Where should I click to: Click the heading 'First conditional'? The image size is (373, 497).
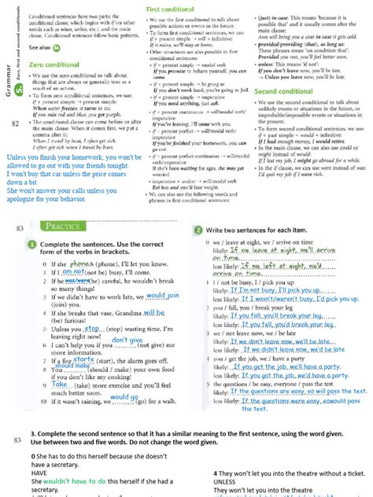(171, 7)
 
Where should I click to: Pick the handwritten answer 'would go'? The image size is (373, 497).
(124, 397)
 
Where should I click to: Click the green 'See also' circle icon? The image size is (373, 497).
(57, 46)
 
